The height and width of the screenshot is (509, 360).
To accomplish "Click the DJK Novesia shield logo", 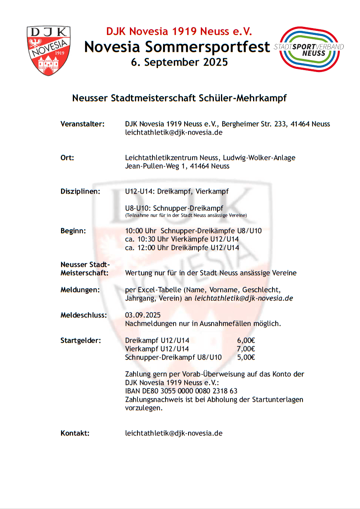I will tap(49, 50).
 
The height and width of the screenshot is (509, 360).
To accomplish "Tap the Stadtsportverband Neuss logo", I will tap(309, 49).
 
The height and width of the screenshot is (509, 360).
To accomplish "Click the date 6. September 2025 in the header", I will tap(179, 62).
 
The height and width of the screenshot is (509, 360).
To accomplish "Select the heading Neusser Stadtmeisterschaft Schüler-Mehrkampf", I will tap(179, 99).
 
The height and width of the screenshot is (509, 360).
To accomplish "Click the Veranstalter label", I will tap(82, 124).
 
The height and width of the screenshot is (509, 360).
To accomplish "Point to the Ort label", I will tap(67, 158).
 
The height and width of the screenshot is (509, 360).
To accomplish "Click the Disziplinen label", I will tap(80, 192).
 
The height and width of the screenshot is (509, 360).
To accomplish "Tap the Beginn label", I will tap(73, 231).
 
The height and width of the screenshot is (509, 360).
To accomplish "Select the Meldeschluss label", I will tap(84, 315).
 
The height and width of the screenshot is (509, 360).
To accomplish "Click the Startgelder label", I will tap(81, 340).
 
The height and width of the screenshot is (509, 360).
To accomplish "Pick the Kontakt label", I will tap(75, 433).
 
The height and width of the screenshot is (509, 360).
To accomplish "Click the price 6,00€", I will tap(246, 340).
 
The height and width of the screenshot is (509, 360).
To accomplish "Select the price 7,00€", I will tap(246, 349).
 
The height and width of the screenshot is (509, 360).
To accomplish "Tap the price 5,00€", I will tap(246, 357).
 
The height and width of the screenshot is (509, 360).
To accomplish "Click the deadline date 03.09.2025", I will tap(143, 315).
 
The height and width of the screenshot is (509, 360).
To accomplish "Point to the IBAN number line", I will tap(181, 391).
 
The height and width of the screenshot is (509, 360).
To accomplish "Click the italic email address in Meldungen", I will tap(244, 298).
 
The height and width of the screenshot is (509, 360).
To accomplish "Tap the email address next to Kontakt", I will tap(173, 433).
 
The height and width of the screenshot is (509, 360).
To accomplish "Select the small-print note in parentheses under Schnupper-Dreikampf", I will tap(186, 215).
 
